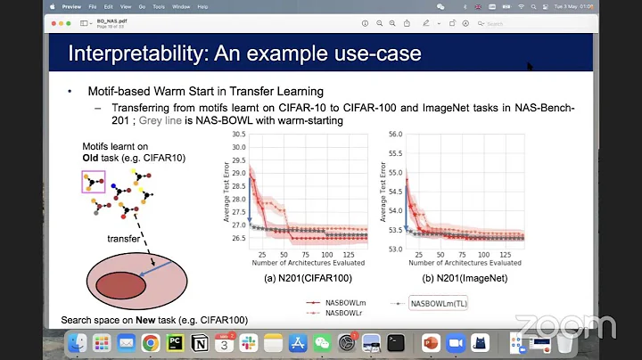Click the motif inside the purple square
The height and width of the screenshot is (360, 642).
94,185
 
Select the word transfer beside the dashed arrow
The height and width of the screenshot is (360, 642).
123,239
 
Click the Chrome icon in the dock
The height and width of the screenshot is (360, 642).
151,342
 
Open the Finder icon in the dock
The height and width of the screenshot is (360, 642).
78,342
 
